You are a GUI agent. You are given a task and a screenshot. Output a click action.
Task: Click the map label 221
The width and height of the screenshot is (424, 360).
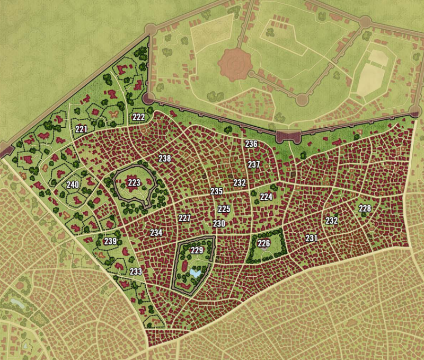tap(81, 128)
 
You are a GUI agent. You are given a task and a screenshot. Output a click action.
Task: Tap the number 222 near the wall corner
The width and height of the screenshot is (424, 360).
tap(138, 117)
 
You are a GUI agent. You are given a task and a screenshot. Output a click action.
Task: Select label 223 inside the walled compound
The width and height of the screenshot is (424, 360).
tap(134, 183)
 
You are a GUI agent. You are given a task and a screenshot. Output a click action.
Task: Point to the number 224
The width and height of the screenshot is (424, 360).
tap(266, 197)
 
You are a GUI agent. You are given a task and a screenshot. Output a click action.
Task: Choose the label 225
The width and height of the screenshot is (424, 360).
tap(224, 209)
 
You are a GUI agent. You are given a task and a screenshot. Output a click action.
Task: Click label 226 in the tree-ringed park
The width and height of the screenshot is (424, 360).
tap(264, 243)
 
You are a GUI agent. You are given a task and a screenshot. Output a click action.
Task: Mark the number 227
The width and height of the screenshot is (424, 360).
tap(184, 218)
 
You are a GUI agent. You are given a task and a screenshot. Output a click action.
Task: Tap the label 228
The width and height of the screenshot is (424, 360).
tap(365, 208)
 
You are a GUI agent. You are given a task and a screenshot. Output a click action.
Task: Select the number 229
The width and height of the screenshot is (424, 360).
tap(197, 250)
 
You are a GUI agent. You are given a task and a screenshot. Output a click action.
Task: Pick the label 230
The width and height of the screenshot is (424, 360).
tap(219, 224)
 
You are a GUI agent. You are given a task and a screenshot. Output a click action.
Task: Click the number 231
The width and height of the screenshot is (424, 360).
tap(311, 239)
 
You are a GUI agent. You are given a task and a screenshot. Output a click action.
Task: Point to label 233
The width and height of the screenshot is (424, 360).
tap(136, 271)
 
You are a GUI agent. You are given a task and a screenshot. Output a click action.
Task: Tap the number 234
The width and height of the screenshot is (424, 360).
tap(156, 232)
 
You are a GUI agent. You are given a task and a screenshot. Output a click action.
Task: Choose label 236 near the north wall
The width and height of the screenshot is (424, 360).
tap(251, 144)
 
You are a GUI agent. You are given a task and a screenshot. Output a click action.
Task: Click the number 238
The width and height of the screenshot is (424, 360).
tap(165, 158)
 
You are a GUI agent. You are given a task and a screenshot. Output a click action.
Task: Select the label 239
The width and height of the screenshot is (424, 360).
tap(110, 241)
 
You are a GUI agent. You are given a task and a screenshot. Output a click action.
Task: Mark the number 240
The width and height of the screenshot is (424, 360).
tap(73, 185)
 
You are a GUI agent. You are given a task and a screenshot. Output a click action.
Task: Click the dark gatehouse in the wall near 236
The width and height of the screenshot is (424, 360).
tap(288, 136)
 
